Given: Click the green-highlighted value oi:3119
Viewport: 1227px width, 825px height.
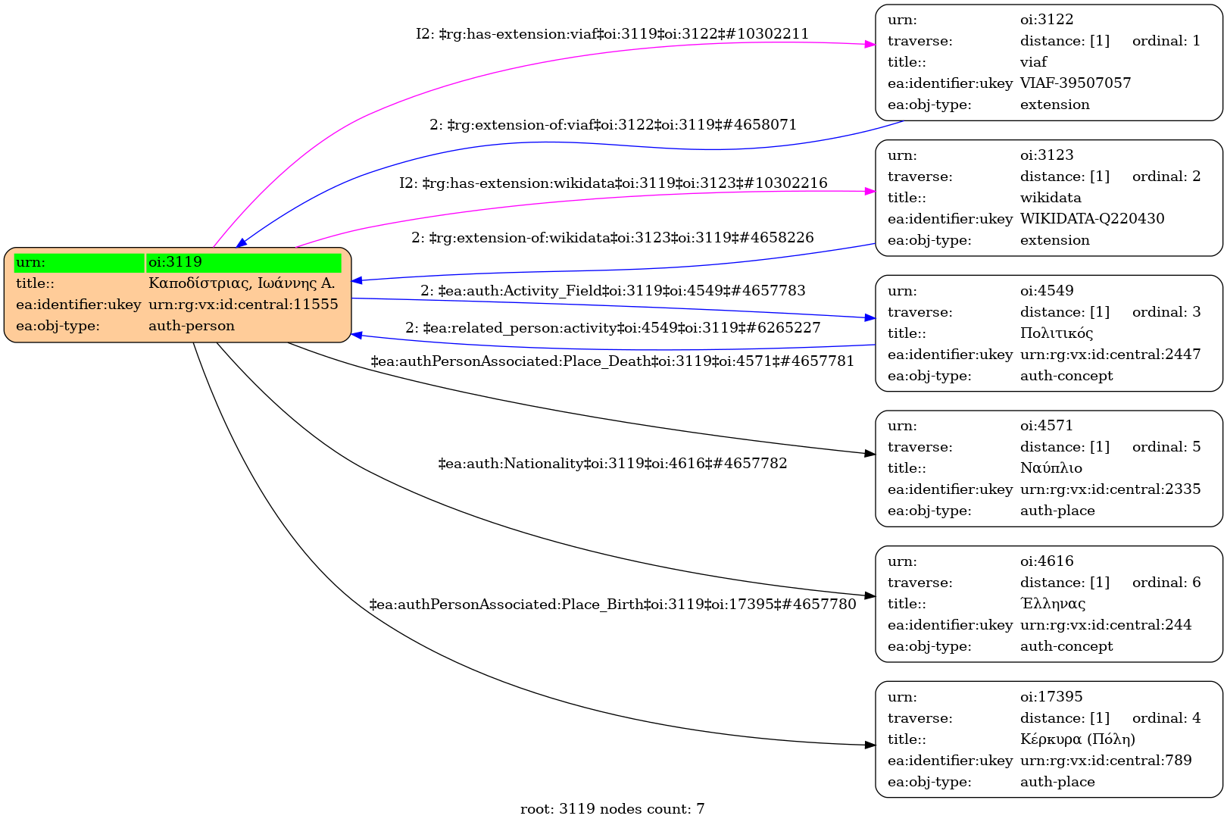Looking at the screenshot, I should coord(175,262).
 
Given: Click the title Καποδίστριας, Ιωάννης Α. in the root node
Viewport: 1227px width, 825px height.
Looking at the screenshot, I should coord(241,283).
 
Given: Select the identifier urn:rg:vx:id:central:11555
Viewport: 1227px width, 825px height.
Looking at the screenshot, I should coord(243,305).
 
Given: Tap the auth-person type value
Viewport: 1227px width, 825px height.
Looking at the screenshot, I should coord(192,326).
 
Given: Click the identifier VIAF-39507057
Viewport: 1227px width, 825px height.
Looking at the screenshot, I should coord(1076,83).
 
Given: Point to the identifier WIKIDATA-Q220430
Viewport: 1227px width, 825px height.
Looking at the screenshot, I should coord(1092,219).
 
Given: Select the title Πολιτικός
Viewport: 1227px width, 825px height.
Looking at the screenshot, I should coord(1057,333).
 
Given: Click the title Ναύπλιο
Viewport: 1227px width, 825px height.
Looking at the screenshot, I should coord(1051,468).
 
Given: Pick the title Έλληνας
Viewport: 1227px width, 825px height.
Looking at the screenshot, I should coord(1053,604).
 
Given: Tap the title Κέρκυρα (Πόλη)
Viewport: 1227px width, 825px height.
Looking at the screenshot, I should coord(1078,739).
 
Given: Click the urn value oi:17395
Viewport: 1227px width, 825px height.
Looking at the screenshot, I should coord(1051,697).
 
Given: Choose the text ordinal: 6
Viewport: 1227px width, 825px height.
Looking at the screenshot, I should coord(1166,583).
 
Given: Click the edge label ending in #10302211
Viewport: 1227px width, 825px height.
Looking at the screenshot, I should coord(612,34).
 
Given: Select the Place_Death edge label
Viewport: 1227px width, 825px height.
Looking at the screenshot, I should coord(612,361).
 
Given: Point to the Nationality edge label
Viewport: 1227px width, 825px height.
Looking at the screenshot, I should coord(612,463).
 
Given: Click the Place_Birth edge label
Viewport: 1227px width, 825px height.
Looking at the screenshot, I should coord(612,605).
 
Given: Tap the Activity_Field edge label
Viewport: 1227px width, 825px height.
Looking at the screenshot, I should coord(612,291).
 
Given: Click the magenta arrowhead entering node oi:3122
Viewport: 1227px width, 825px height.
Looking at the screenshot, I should coord(870,45).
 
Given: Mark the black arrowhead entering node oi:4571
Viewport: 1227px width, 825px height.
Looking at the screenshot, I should coord(870,454).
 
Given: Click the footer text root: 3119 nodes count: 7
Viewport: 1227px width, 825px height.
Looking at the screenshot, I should coord(612,809).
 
